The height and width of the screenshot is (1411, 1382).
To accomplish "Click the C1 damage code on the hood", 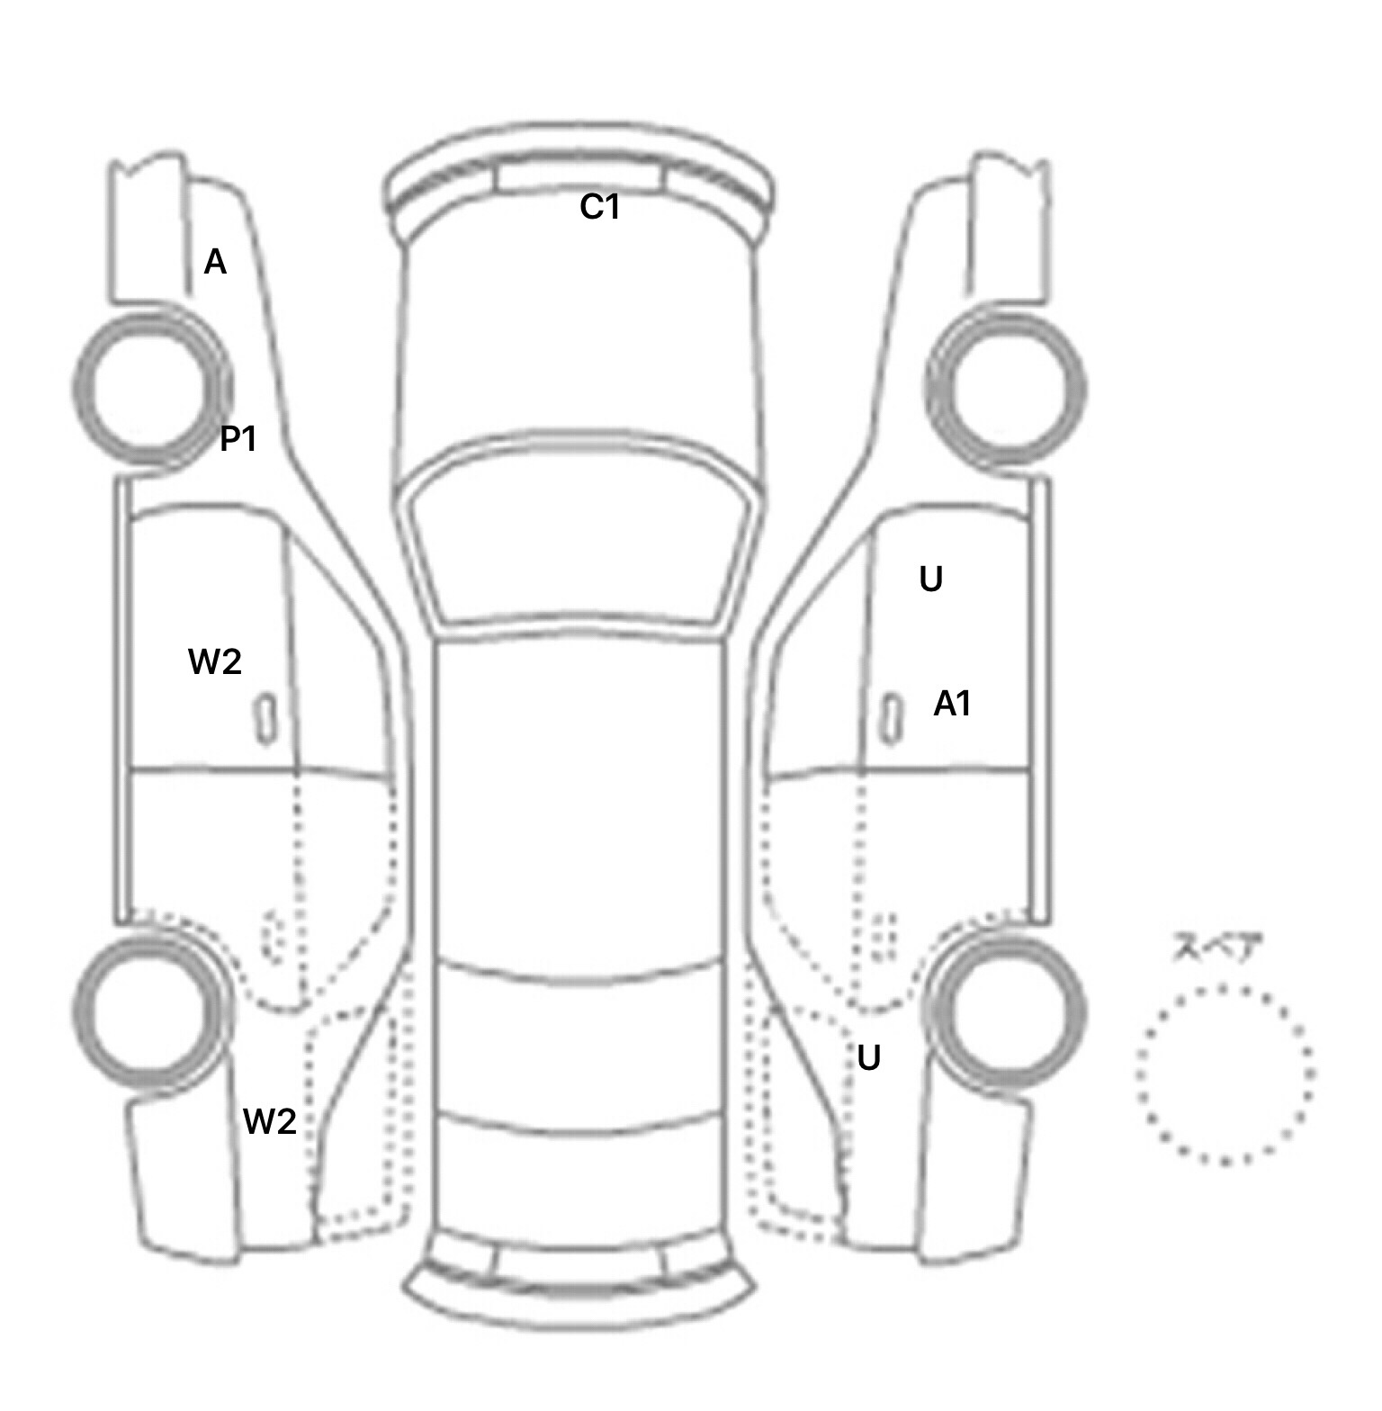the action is click(x=599, y=208).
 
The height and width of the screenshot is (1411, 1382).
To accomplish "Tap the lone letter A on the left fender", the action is click(x=215, y=263).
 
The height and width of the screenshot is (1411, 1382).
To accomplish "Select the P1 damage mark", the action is click(x=238, y=439).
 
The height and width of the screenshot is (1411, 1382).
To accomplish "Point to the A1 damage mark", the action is click(x=952, y=704).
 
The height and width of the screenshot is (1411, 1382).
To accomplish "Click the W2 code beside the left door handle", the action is click(x=215, y=662).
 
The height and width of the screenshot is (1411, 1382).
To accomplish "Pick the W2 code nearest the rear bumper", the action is click(x=270, y=1121).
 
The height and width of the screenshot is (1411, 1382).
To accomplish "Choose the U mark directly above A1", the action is click(x=931, y=580).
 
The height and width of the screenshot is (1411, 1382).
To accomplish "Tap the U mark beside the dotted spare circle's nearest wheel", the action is click(x=868, y=1058).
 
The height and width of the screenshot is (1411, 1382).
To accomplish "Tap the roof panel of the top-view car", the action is click(x=580, y=801).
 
